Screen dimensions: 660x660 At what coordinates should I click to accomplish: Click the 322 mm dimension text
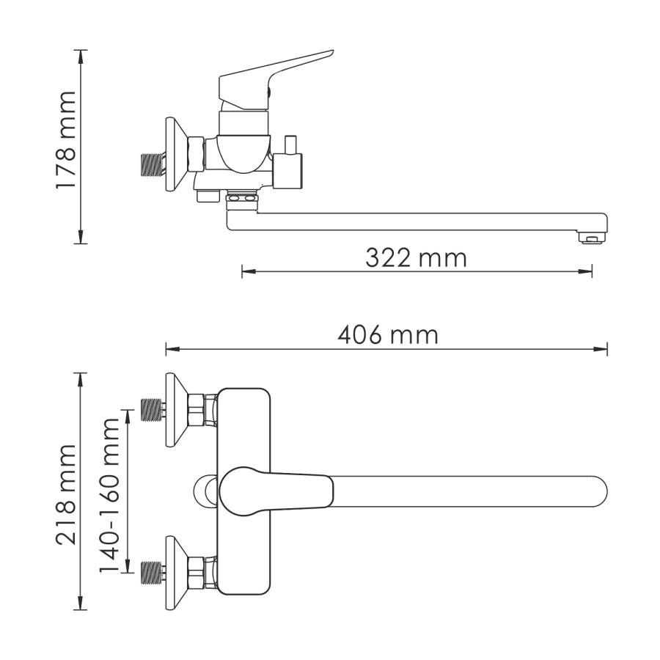tap(416, 257)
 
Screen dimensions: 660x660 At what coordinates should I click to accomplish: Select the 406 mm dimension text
tap(387, 335)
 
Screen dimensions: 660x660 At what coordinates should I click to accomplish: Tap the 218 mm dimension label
tap(66, 493)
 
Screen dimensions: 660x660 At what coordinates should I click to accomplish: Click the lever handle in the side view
tap(279, 73)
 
